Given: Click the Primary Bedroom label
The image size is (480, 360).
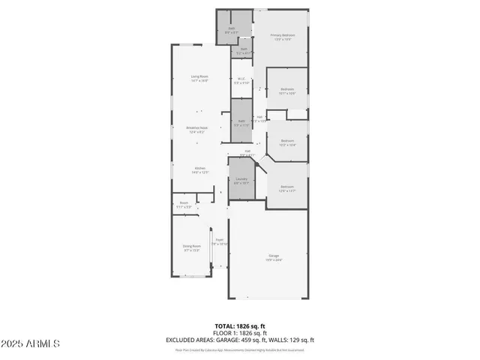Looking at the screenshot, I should pos(283,37).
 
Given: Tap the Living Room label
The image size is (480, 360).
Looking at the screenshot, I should pos(199,77).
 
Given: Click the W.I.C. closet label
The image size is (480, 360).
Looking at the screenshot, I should pos(241,80).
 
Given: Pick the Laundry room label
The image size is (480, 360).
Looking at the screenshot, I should pos(241,180).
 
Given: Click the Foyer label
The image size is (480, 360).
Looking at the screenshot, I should pos(220,241).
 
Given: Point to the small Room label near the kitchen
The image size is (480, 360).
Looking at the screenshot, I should pos(184,203).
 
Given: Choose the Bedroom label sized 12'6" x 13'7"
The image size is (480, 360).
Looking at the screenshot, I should pos(287,187).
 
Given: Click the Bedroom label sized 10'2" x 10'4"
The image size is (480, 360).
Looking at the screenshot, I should pos(287,141).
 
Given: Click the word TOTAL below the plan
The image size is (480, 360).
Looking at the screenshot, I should pos(223,326).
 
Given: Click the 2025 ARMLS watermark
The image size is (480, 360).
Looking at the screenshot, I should pos(31,344).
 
